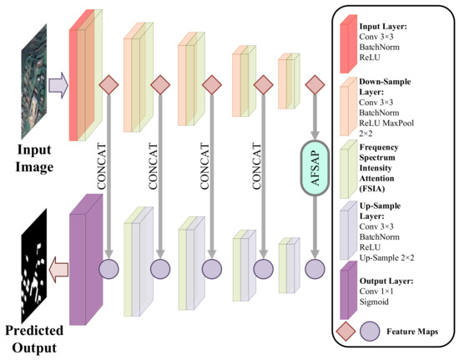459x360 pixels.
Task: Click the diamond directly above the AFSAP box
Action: pyautogui.click(x=315, y=84)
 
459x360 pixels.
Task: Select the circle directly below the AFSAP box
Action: pyautogui.click(x=315, y=269)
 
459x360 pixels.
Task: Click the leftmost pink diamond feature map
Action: pyautogui.click(x=108, y=84)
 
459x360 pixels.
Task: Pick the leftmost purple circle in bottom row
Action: pyautogui.click(x=108, y=269)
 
